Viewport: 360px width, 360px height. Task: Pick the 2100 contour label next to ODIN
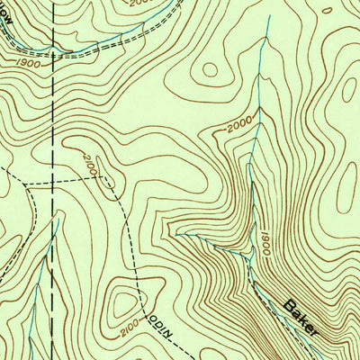(x=129, y=322)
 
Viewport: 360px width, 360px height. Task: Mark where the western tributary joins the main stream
(x=246, y=256)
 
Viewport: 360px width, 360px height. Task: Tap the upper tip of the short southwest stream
(x=58, y=218)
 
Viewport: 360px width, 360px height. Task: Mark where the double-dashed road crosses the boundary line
(x=53, y=51)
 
